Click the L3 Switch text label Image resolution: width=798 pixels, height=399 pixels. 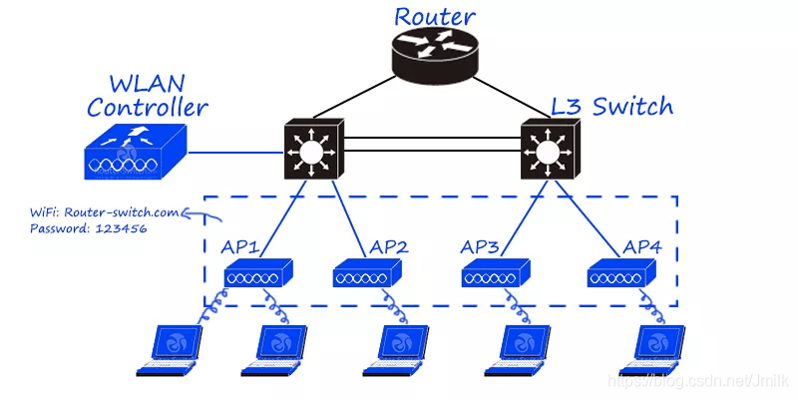pyautogui.click(x=612, y=105)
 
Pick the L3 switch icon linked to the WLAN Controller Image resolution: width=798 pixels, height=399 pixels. pyautogui.click(x=313, y=151)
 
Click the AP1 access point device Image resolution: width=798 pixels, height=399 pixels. pyautogui.click(x=257, y=272)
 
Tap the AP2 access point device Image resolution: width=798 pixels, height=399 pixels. pyautogui.click(x=366, y=272)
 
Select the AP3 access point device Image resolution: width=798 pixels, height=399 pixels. pyautogui.click(x=495, y=272)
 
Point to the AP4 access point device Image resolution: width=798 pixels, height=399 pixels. pyautogui.click(x=621, y=272)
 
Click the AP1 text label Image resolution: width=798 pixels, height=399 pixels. pyautogui.click(x=239, y=246)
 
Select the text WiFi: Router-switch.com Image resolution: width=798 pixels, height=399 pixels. pyautogui.click(x=95, y=211)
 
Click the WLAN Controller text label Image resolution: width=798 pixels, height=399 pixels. pyautogui.click(x=148, y=96)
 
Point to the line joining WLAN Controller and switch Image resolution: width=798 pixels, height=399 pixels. pyautogui.click(x=235, y=154)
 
